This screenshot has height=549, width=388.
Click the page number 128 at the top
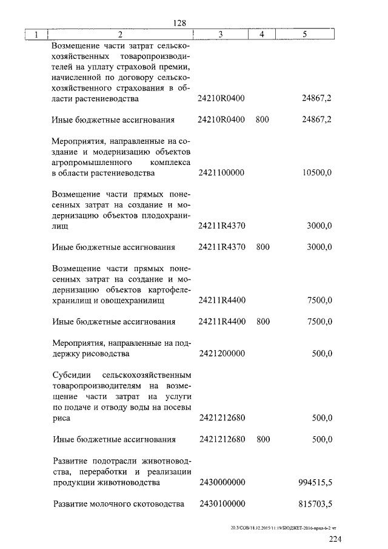pos(179,22)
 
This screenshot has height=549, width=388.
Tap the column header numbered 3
pos(221,35)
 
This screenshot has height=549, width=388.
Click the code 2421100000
pos(221,173)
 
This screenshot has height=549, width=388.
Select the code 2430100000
pos(221,504)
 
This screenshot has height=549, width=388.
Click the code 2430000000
pos(221,483)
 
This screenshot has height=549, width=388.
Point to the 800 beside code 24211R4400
pos(263,322)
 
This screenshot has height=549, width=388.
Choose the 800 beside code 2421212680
pos(263,440)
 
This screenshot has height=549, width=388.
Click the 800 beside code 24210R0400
pos(263,120)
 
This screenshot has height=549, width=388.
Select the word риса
pos(61,418)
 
